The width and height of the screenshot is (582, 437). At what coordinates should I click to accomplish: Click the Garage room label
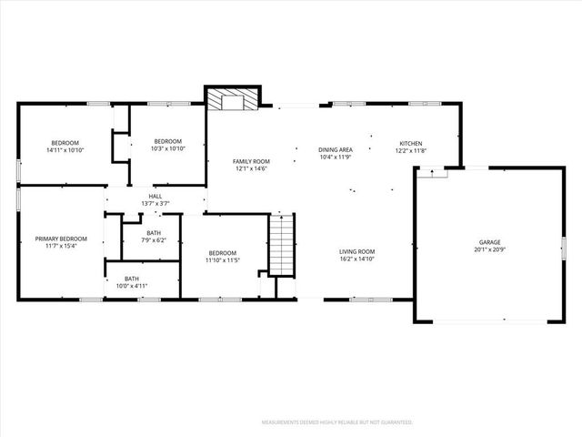(x=489, y=241)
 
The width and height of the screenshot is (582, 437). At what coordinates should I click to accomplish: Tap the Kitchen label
(x=412, y=142)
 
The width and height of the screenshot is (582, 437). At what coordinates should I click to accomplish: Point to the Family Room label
(x=252, y=160)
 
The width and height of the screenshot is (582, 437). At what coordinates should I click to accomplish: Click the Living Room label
(x=357, y=251)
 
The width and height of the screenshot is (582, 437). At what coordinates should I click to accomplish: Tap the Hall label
(x=156, y=195)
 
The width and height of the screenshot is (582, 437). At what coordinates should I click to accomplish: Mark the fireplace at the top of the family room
(x=233, y=99)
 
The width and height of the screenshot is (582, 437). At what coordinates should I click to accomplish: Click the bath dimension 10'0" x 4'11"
(x=132, y=286)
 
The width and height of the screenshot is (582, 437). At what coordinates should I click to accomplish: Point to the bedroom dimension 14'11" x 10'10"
(x=65, y=149)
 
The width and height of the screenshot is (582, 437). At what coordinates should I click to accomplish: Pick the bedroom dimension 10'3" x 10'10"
(x=167, y=149)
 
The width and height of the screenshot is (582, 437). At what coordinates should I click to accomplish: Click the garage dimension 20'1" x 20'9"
(x=489, y=249)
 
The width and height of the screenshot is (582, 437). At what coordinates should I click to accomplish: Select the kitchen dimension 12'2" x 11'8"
(x=412, y=150)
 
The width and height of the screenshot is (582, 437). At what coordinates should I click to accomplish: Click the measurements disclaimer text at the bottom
(x=336, y=422)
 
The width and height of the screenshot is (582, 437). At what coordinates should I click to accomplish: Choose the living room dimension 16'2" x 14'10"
(x=357, y=259)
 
